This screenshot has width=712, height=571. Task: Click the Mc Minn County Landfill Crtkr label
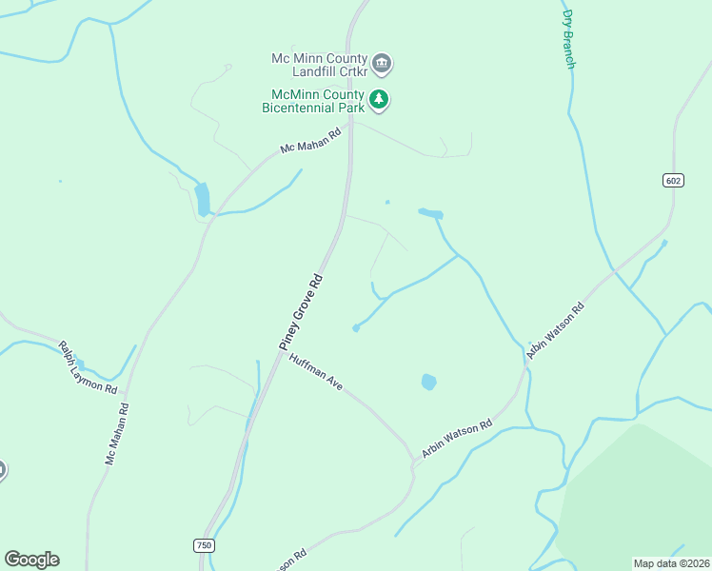point(318,65)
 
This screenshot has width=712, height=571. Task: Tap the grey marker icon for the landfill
point(382,65)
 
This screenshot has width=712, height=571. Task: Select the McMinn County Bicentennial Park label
point(314,101)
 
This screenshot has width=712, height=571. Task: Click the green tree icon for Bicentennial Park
point(379,99)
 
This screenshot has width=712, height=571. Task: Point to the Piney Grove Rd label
point(302,310)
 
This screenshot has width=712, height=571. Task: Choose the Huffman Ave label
point(316,371)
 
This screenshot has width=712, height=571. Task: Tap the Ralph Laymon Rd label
point(88,368)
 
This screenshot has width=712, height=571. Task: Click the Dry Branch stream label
point(568,38)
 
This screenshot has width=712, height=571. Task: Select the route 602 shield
point(673,181)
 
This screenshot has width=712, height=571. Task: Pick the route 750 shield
point(204,545)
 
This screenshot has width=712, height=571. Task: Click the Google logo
point(31,560)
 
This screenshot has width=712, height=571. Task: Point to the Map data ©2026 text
point(671,563)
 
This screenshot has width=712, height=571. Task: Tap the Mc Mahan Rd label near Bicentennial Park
point(310,142)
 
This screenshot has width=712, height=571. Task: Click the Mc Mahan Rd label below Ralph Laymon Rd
point(117,434)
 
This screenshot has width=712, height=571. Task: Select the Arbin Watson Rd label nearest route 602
point(554,329)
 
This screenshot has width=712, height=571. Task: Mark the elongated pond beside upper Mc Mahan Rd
point(202,200)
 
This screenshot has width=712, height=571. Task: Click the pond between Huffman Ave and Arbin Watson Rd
point(428,382)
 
